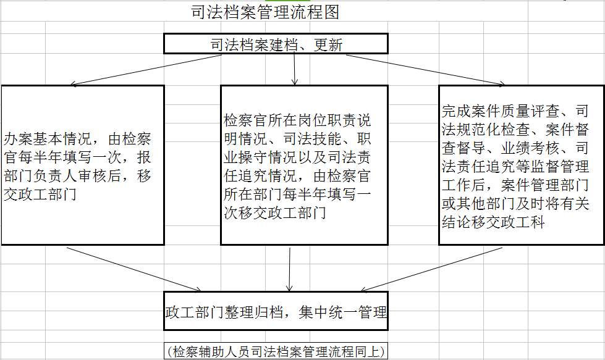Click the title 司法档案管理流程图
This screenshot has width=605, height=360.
coord(265,12)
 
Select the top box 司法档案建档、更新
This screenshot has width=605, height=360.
coord(276,44)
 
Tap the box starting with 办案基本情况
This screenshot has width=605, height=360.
coord(83,165)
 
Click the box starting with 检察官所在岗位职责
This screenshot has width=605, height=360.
coord(304,165)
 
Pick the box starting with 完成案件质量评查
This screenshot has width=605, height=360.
coord(522,165)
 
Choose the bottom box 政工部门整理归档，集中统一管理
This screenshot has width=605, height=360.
coord(276,311)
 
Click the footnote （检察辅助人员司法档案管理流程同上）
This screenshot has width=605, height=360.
coord(276,351)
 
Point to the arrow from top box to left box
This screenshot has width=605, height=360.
coord(146,70)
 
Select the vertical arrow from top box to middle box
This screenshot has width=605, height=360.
coord(294,69)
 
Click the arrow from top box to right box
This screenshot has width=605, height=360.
coord(425,70)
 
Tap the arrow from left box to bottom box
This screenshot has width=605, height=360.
coord(134,269)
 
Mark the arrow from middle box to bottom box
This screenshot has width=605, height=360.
coord(289,269)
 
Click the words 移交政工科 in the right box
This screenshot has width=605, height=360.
coord(508,222)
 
